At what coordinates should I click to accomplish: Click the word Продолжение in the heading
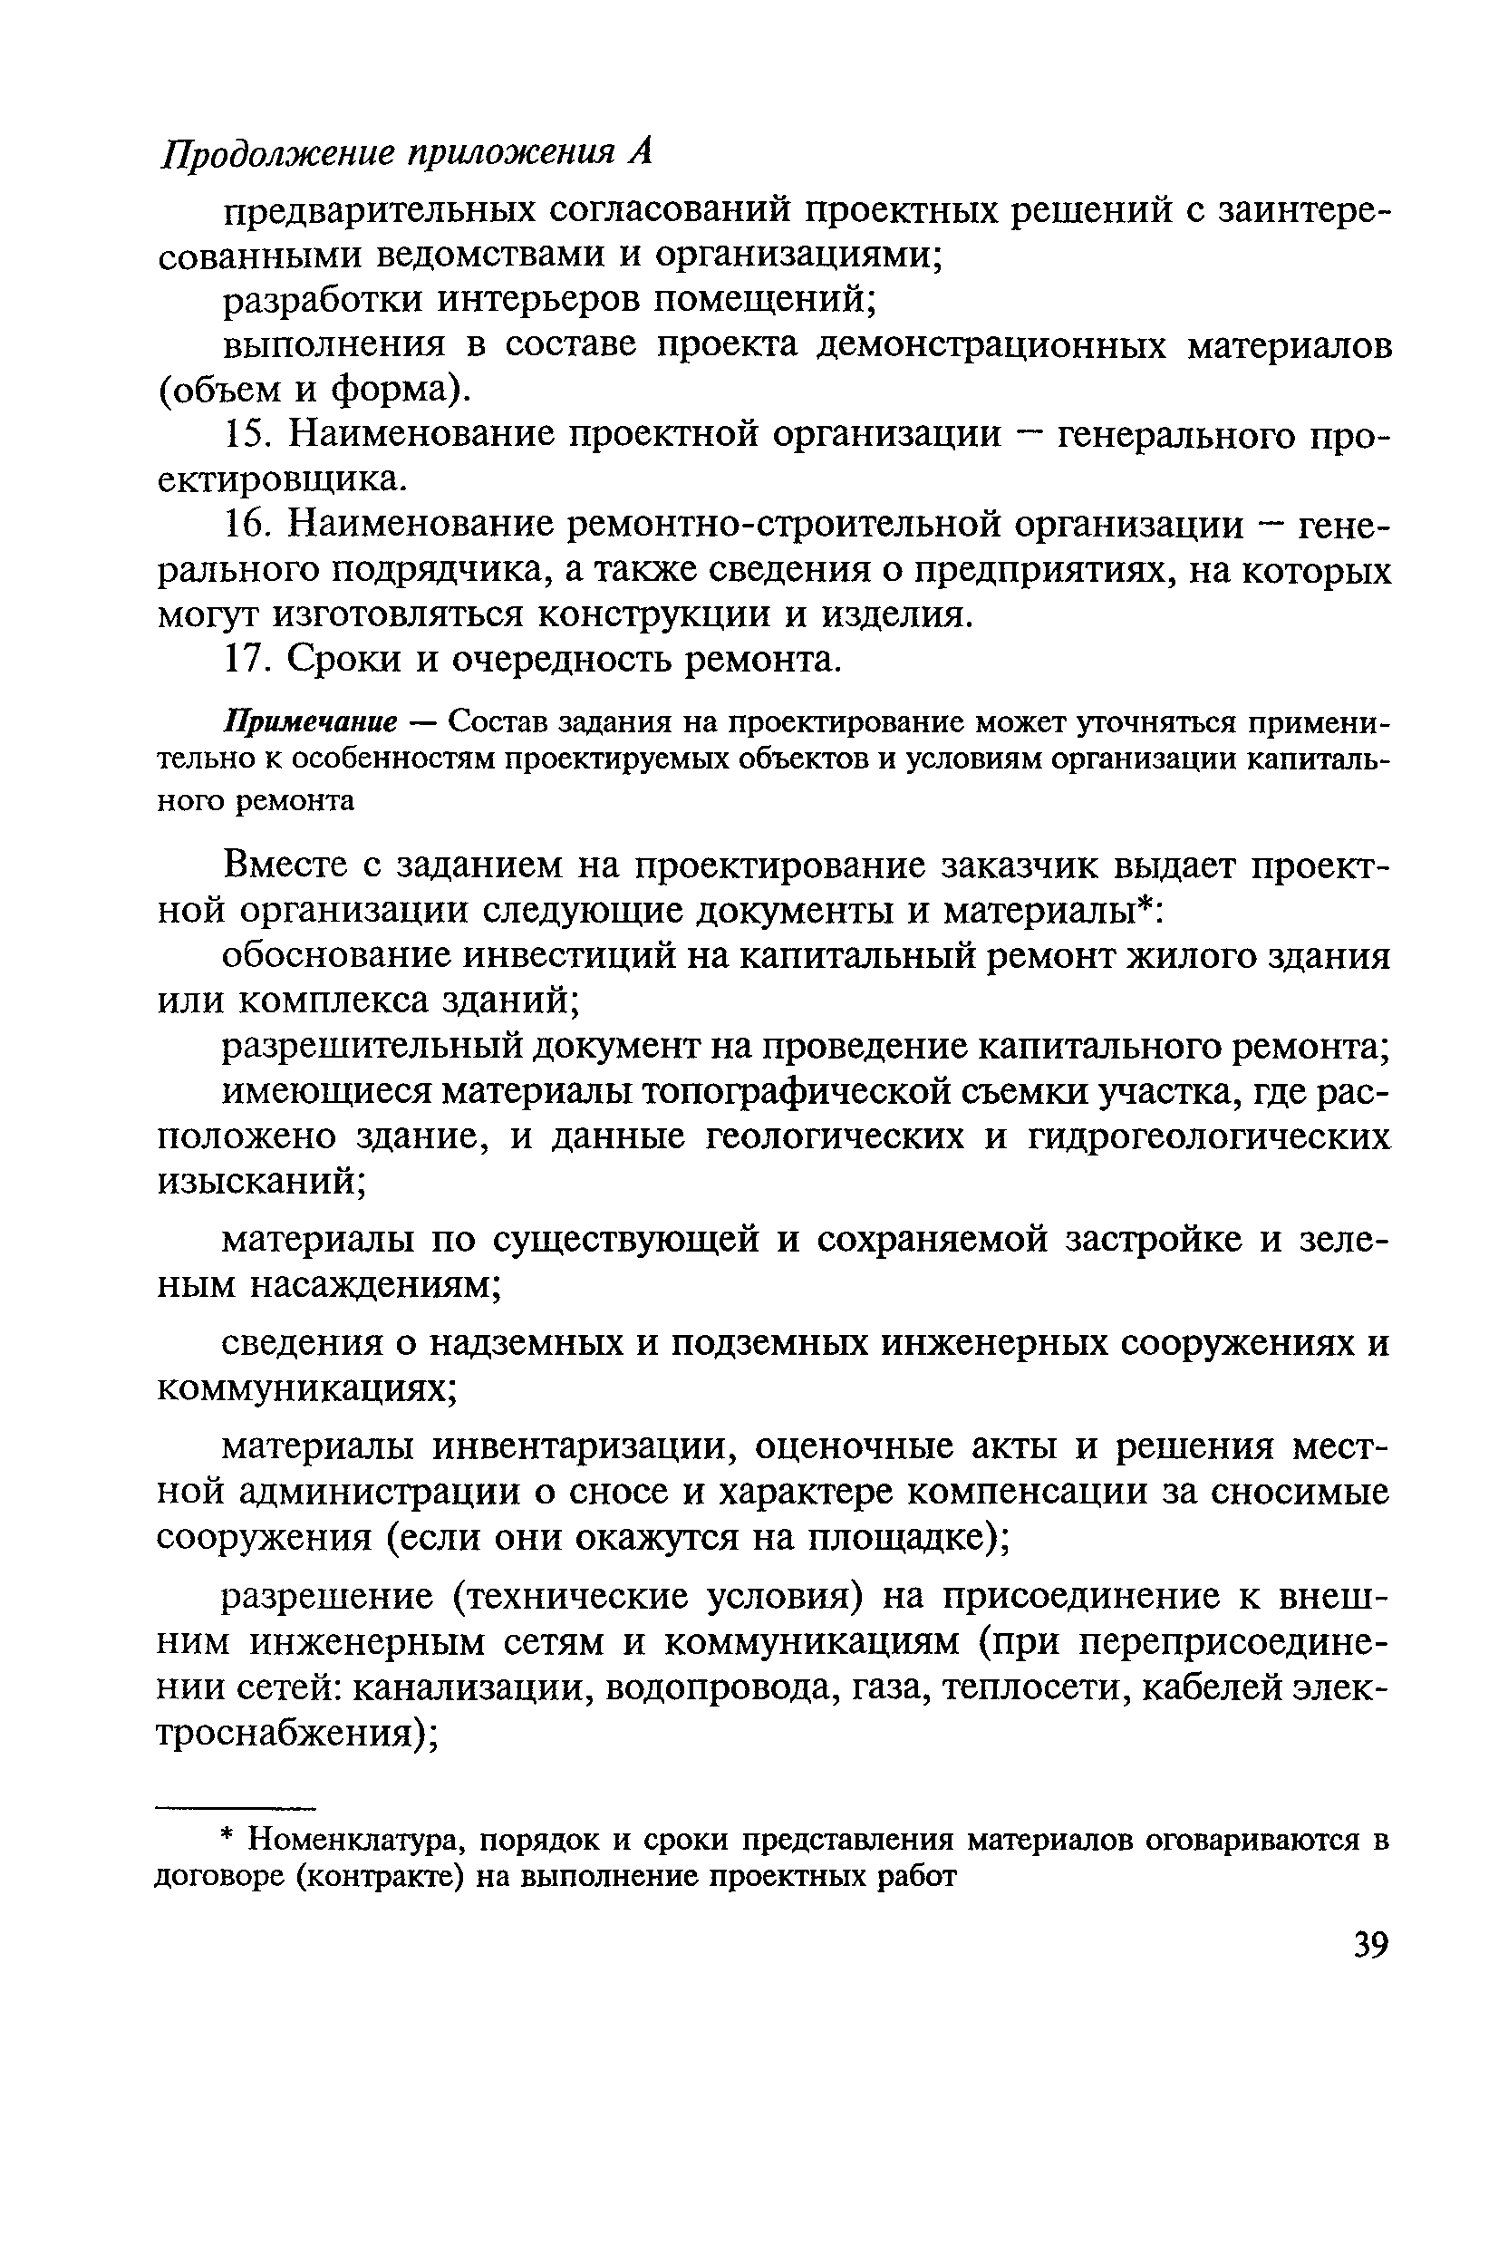279,153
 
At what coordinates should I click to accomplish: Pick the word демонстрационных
991,345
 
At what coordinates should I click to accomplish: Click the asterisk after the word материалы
1144,904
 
